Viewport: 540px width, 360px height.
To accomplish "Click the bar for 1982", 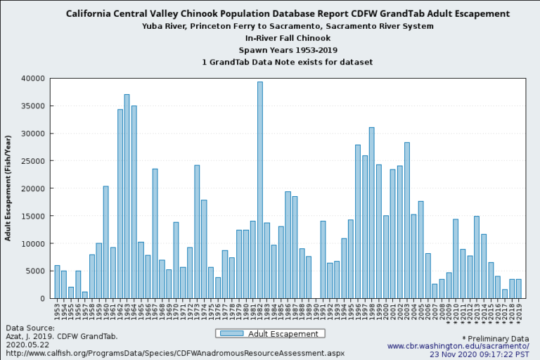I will tap(260, 190).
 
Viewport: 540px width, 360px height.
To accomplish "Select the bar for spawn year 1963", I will tap(127, 196).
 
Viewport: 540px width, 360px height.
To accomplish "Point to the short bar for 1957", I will tap(85, 295).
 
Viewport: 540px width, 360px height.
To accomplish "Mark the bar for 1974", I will tap(197, 231).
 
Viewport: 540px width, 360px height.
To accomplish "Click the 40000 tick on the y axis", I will tap(32, 79).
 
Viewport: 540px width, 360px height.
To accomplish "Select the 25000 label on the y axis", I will tap(32, 161).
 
